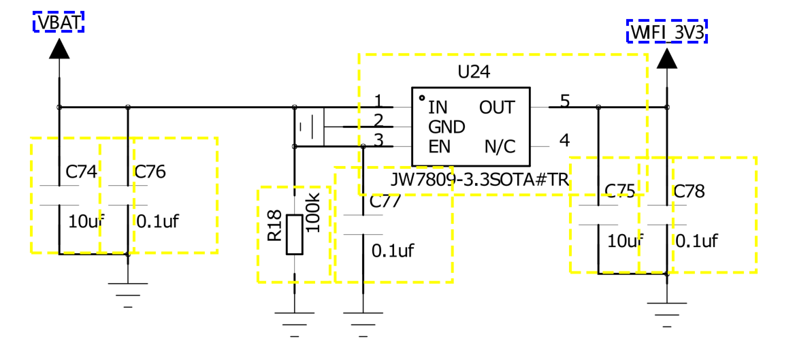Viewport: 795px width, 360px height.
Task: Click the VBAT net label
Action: coord(59,22)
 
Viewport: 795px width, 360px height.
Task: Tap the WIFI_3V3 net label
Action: coord(667,32)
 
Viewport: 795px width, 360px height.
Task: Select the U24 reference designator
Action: coord(474,73)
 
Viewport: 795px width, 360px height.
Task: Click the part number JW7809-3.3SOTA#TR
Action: coord(480,180)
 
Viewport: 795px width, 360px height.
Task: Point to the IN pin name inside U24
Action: coord(438,108)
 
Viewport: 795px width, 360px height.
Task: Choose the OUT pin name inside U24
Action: coord(497,108)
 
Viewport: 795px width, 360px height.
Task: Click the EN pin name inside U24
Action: coord(440,147)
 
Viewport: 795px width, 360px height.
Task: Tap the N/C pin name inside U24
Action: coord(500,147)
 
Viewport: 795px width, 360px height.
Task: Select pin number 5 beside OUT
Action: coord(565,101)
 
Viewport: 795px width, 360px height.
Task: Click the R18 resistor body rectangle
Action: coord(295,234)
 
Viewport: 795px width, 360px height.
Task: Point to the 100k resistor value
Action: coord(314,215)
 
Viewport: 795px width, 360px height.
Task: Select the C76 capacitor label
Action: coord(150,172)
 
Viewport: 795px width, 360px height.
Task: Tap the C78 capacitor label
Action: coord(689,192)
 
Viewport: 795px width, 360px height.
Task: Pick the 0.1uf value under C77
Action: coord(393,250)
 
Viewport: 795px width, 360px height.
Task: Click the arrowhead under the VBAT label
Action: coord(59,49)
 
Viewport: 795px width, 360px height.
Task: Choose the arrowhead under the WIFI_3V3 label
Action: coord(667,59)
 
